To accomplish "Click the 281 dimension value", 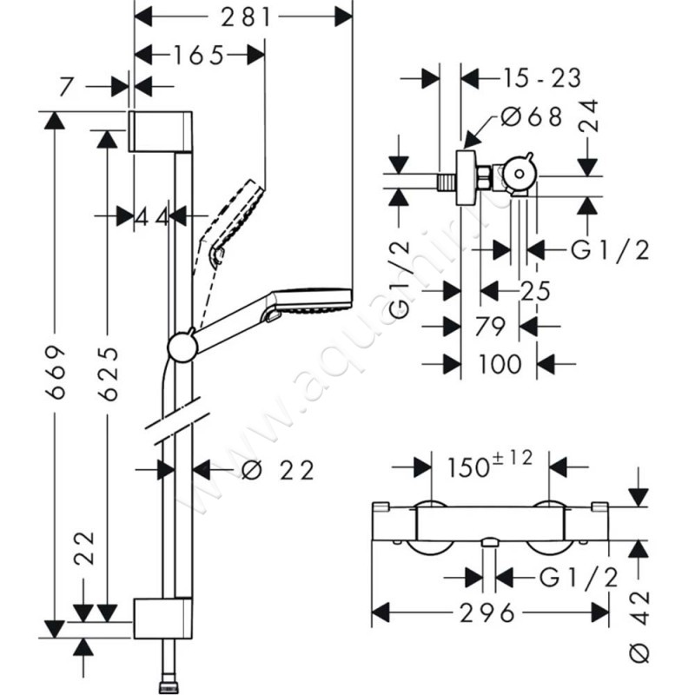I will (244, 16).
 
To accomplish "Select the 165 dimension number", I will (198, 55).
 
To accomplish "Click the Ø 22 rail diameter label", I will (275, 470).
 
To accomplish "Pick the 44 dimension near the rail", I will (152, 217).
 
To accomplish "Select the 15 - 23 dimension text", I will (540, 77).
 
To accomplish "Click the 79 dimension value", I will (491, 327).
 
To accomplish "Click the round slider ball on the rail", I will (182, 347).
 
